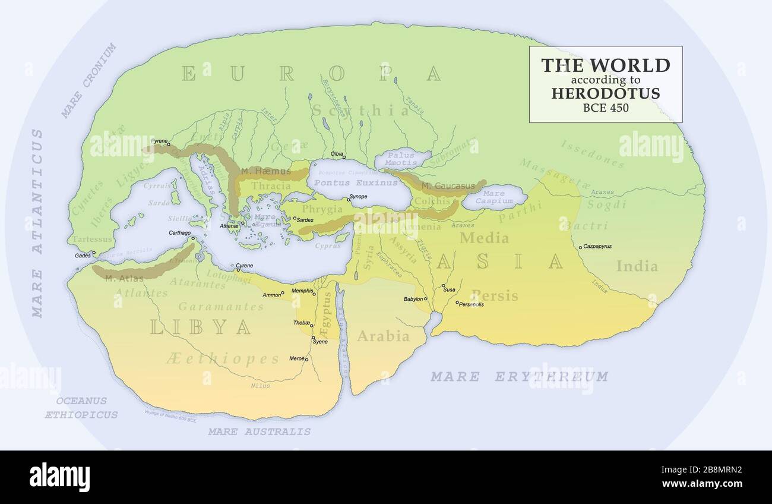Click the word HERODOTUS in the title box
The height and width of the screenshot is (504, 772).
coord(605,93)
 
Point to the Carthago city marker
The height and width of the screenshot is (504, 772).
coord(194,239)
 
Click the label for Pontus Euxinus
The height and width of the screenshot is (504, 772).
coord(348,182)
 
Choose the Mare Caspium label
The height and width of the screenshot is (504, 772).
coord(493,197)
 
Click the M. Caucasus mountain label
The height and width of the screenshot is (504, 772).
coord(448,186)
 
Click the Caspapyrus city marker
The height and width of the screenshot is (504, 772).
coord(580,247)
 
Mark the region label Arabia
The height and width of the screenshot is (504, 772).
coord(383,336)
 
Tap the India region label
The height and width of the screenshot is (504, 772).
coord(637,266)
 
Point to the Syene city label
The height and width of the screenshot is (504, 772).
coord(321,342)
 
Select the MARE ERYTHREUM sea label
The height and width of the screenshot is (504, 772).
coord(519,377)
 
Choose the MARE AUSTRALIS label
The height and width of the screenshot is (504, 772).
coord(259,431)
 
